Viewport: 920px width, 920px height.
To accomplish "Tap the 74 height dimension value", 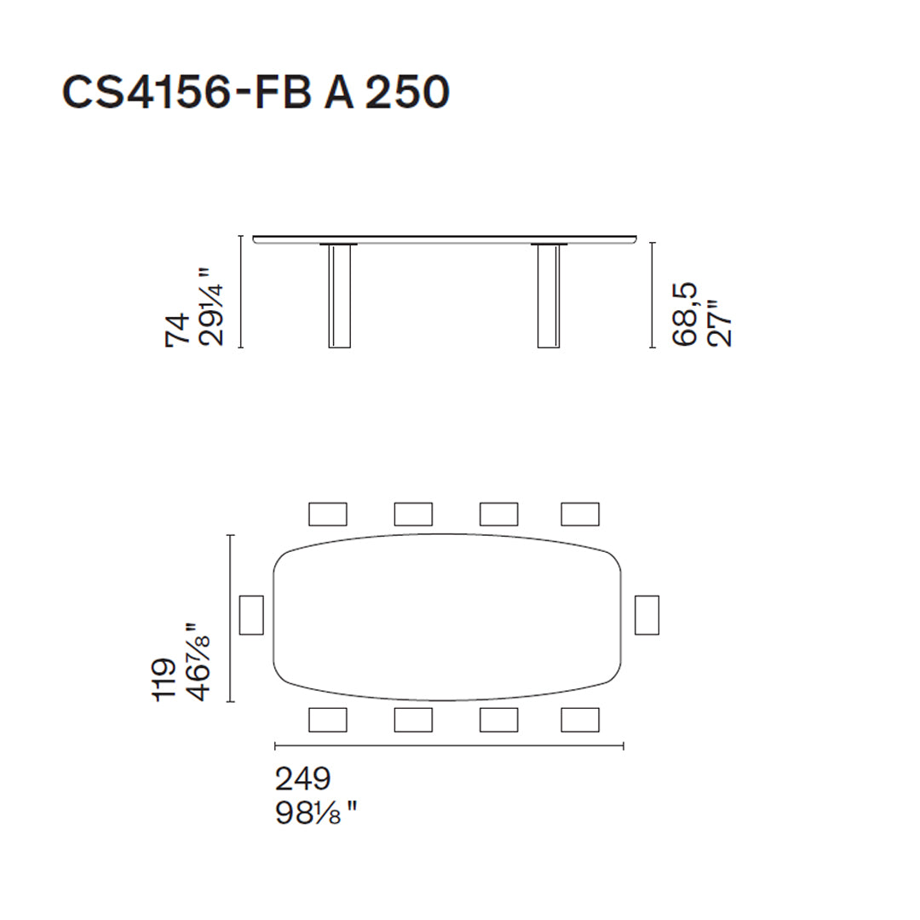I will (177, 330).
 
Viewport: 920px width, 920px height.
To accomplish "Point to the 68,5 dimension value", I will (685, 314).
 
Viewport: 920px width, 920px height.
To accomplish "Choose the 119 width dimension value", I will (164, 679).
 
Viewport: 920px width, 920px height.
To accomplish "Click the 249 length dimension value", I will (302, 779).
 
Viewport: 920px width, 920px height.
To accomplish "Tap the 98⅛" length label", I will (314, 814).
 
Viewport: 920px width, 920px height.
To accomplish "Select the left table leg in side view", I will (340, 296).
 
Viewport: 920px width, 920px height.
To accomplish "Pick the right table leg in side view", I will (549, 296).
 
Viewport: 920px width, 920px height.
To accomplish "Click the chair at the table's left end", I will (251, 615).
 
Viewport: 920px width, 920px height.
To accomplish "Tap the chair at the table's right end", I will (647, 615).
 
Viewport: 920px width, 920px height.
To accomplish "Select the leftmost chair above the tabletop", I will (328, 514).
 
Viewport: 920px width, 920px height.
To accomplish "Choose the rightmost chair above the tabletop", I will (580, 514).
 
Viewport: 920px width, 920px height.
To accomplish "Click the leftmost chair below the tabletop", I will (328, 720).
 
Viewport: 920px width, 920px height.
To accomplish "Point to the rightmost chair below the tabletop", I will (580, 720).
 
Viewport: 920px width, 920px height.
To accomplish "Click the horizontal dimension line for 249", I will (450, 746).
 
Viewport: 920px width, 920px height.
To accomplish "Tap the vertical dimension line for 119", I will (231, 618).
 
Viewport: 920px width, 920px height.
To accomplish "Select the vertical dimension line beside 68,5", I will (652, 295).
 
